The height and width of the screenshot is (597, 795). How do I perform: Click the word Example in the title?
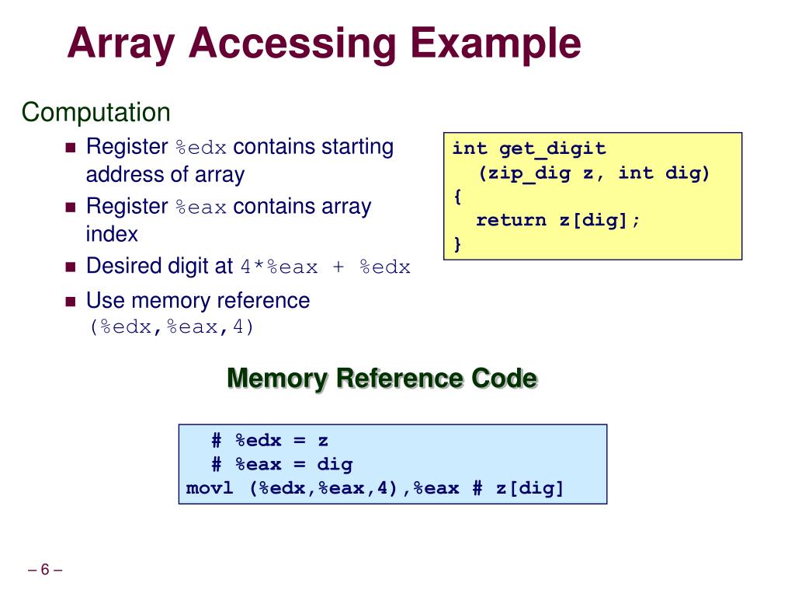coord(493,44)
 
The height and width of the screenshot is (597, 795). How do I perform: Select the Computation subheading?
coord(95,113)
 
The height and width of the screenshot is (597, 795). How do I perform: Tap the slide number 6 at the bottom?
coord(45,571)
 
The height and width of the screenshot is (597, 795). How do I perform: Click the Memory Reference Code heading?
coord(382,379)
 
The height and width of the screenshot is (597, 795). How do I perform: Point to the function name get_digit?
coord(552,148)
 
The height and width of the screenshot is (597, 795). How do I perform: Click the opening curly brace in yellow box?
coord(457,196)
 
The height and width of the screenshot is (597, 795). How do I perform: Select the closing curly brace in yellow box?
coord(457,244)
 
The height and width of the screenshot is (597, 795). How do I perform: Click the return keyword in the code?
coord(511,220)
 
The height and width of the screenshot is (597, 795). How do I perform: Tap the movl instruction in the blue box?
coord(210,489)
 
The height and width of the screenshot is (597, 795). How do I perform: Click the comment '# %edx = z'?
coord(270,441)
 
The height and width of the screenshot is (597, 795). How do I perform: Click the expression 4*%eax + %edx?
coord(325,268)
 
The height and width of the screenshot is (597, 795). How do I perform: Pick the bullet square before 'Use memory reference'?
coord(70,302)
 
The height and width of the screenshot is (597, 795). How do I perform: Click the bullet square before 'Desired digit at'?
coord(70,267)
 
